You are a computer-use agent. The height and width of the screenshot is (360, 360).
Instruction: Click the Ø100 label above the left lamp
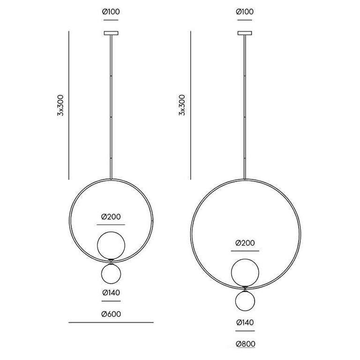(111, 11)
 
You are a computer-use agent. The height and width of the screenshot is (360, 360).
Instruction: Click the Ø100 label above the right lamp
(245, 11)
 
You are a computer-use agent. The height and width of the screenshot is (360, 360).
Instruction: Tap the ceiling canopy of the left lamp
(111, 33)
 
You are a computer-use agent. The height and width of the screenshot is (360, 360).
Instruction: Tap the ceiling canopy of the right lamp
(245, 33)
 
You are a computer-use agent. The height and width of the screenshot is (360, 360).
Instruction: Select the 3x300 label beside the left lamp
(60, 105)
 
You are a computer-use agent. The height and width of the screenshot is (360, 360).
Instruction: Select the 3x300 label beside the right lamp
(182, 105)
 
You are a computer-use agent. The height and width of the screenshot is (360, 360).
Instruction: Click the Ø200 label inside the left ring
(111, 217)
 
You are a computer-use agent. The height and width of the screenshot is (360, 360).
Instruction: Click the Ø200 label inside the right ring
(245, 243)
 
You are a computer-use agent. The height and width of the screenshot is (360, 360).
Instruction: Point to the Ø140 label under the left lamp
(111, 292)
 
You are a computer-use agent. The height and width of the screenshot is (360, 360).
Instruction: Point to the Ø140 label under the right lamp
(245, 322)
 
